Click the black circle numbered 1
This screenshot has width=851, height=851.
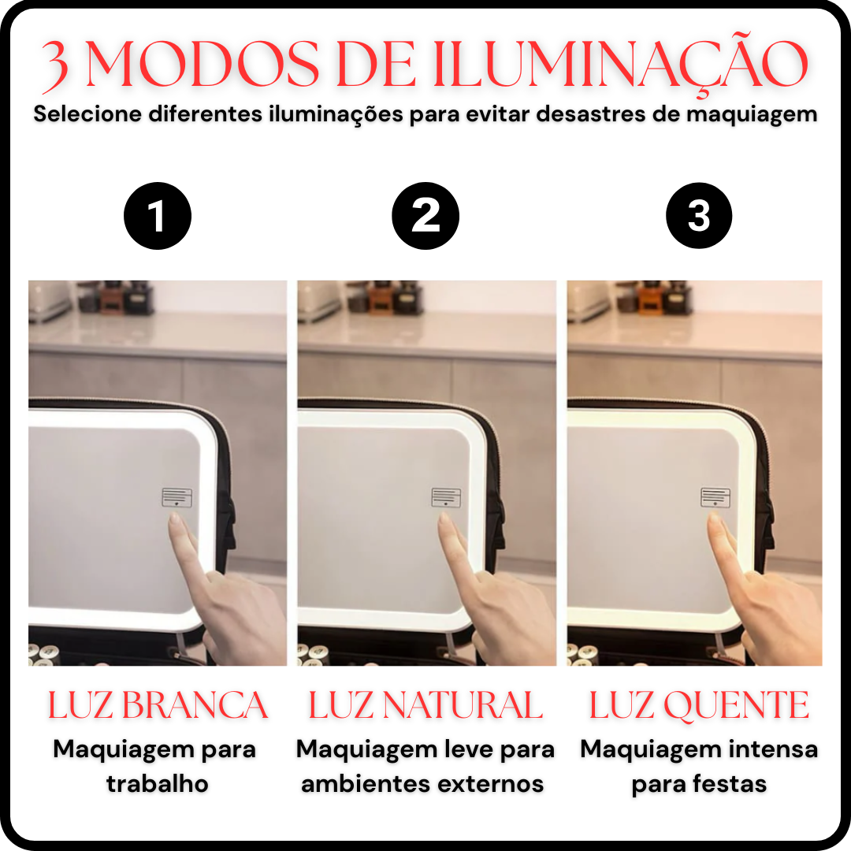pos(158,216)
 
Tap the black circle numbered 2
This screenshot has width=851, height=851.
pos(425,216)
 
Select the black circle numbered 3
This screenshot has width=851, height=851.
pos(699,216)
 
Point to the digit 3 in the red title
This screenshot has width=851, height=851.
pos(55,66)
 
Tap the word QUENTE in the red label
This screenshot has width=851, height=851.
pos(737,705)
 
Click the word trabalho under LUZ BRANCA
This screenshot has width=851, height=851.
pos(158,784)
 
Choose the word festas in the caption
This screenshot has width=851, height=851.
pos(730,784)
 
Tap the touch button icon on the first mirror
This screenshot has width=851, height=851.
pos(177,498)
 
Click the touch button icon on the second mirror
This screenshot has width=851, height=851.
pos(446,498)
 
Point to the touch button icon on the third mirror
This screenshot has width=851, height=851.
pos(715,498)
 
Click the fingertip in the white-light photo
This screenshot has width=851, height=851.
pos(174,518)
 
